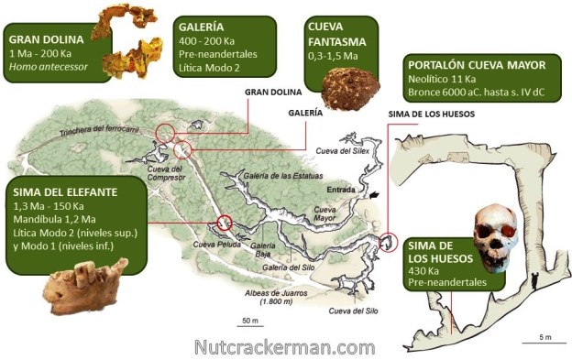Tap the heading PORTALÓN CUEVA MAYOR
click(481, 65)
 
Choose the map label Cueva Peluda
click(215, 245)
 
